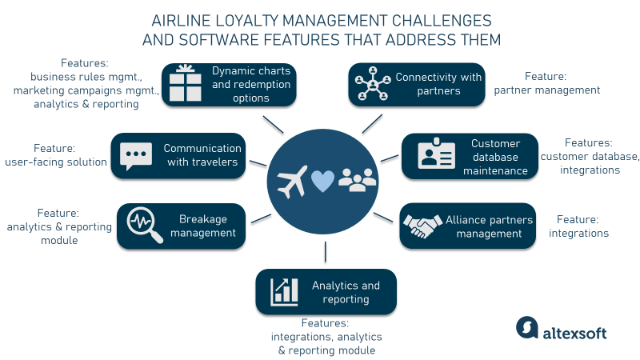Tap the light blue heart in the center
pos(322,182)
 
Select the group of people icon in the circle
pos(357,179)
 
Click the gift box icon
pos(182,84)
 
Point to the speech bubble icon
pos(135,154)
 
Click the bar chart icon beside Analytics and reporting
pos(283,291)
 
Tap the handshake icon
pos(420,227)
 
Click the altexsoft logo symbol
pos(526,327)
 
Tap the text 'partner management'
pos(546,90)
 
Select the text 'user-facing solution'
pos(55,162)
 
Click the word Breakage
pos(203,218)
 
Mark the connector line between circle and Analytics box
pos(326,251)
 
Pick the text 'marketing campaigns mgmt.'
pos(86,90)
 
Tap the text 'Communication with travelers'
pos(202,154)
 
